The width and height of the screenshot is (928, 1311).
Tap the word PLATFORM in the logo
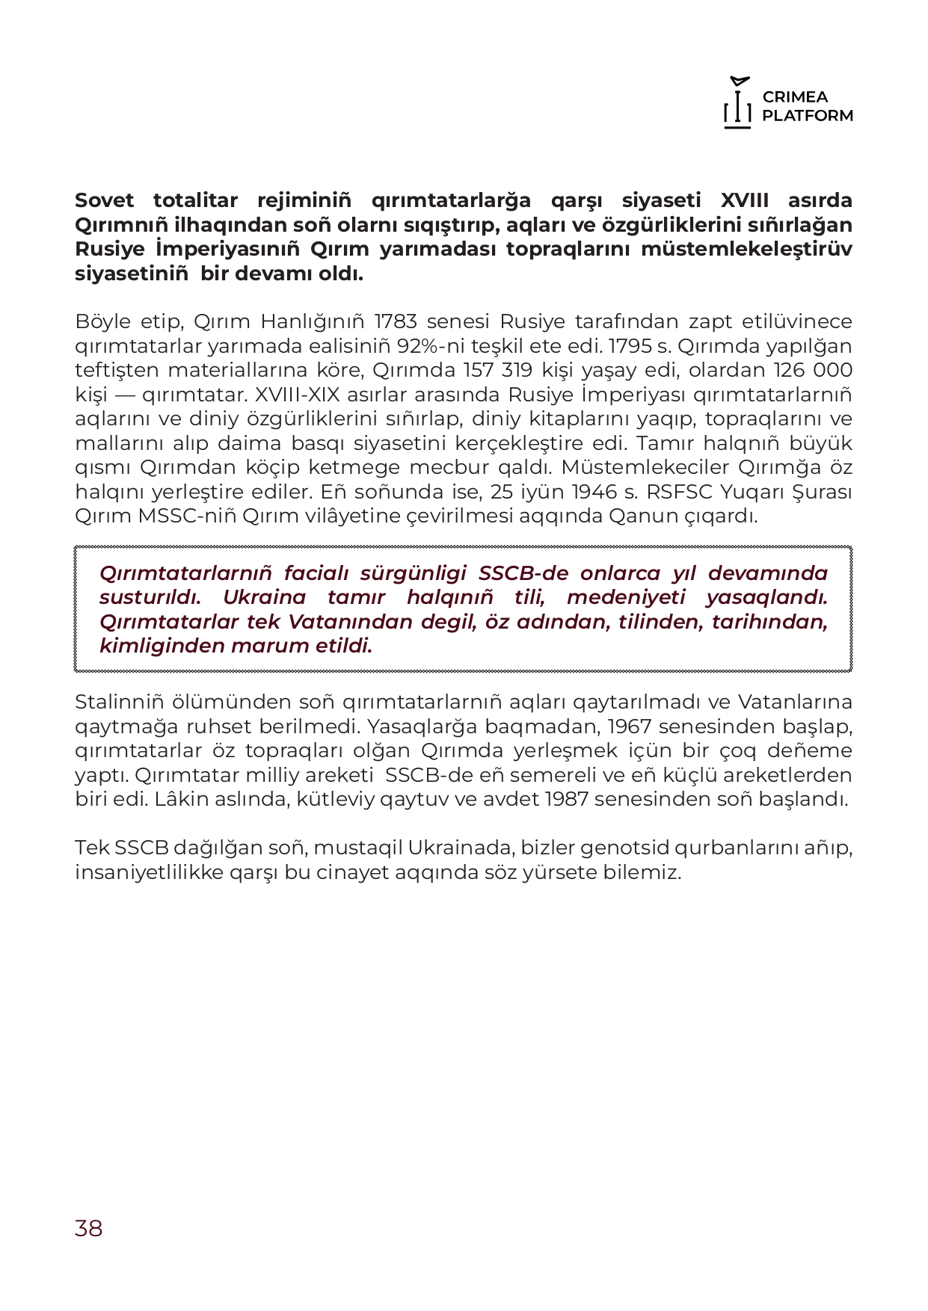[808, 116]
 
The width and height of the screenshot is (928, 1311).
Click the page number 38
[88, 1228]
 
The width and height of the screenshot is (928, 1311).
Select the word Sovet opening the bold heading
[105, 200]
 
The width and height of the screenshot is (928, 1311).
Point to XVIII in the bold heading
[745, 200]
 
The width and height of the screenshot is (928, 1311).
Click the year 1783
[396, 321]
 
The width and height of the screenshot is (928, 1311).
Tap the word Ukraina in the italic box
[264, 597]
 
